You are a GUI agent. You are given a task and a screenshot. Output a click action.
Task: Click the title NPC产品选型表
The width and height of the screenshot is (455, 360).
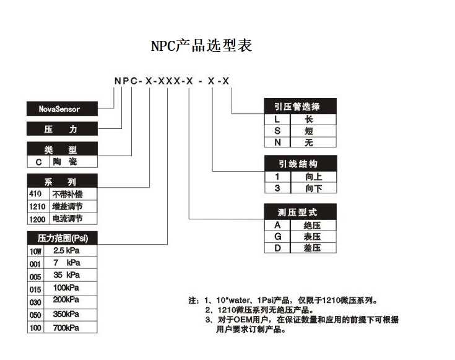click(x=201, y=46)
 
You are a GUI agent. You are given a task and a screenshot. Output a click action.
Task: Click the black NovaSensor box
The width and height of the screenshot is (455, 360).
click(x=62, y=108)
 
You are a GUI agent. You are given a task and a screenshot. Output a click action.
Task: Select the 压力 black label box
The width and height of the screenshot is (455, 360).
click(x=62, y=129)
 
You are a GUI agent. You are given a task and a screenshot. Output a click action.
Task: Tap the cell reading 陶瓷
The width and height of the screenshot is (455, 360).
click(x=74, y=162)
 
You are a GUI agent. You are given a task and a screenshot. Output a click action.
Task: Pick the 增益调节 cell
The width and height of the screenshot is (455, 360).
click(x=74, y=206)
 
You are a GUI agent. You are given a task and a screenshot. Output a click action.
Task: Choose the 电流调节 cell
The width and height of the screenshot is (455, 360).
click(x=74, y=219)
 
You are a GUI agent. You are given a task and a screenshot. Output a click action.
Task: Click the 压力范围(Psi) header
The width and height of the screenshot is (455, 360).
click(x=62, y=238)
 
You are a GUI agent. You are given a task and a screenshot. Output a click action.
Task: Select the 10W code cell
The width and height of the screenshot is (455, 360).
click(x=35, y=251)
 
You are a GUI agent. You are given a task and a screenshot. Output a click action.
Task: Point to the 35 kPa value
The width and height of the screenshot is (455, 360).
click(x=66, y=275)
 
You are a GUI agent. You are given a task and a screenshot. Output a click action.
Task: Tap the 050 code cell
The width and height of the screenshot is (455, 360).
click(x=35, y=315)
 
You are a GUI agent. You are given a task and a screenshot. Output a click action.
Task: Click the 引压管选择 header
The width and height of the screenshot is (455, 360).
click(x=300, y=106)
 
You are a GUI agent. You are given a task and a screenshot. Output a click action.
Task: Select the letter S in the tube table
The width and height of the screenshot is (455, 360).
click(x=277, y=131)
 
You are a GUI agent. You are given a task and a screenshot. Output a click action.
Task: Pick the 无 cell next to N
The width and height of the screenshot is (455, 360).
click(x=313, y=143)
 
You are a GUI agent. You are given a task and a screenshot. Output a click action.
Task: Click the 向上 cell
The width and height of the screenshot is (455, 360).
click(x=313, y=177)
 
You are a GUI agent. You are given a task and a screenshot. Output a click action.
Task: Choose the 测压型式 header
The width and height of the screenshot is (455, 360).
click(x=300, y=212)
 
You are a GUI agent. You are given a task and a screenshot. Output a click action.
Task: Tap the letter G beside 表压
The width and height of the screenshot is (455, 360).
click(x=278, y=237)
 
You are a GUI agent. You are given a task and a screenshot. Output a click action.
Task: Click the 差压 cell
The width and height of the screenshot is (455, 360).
click(x=313, y=248)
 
